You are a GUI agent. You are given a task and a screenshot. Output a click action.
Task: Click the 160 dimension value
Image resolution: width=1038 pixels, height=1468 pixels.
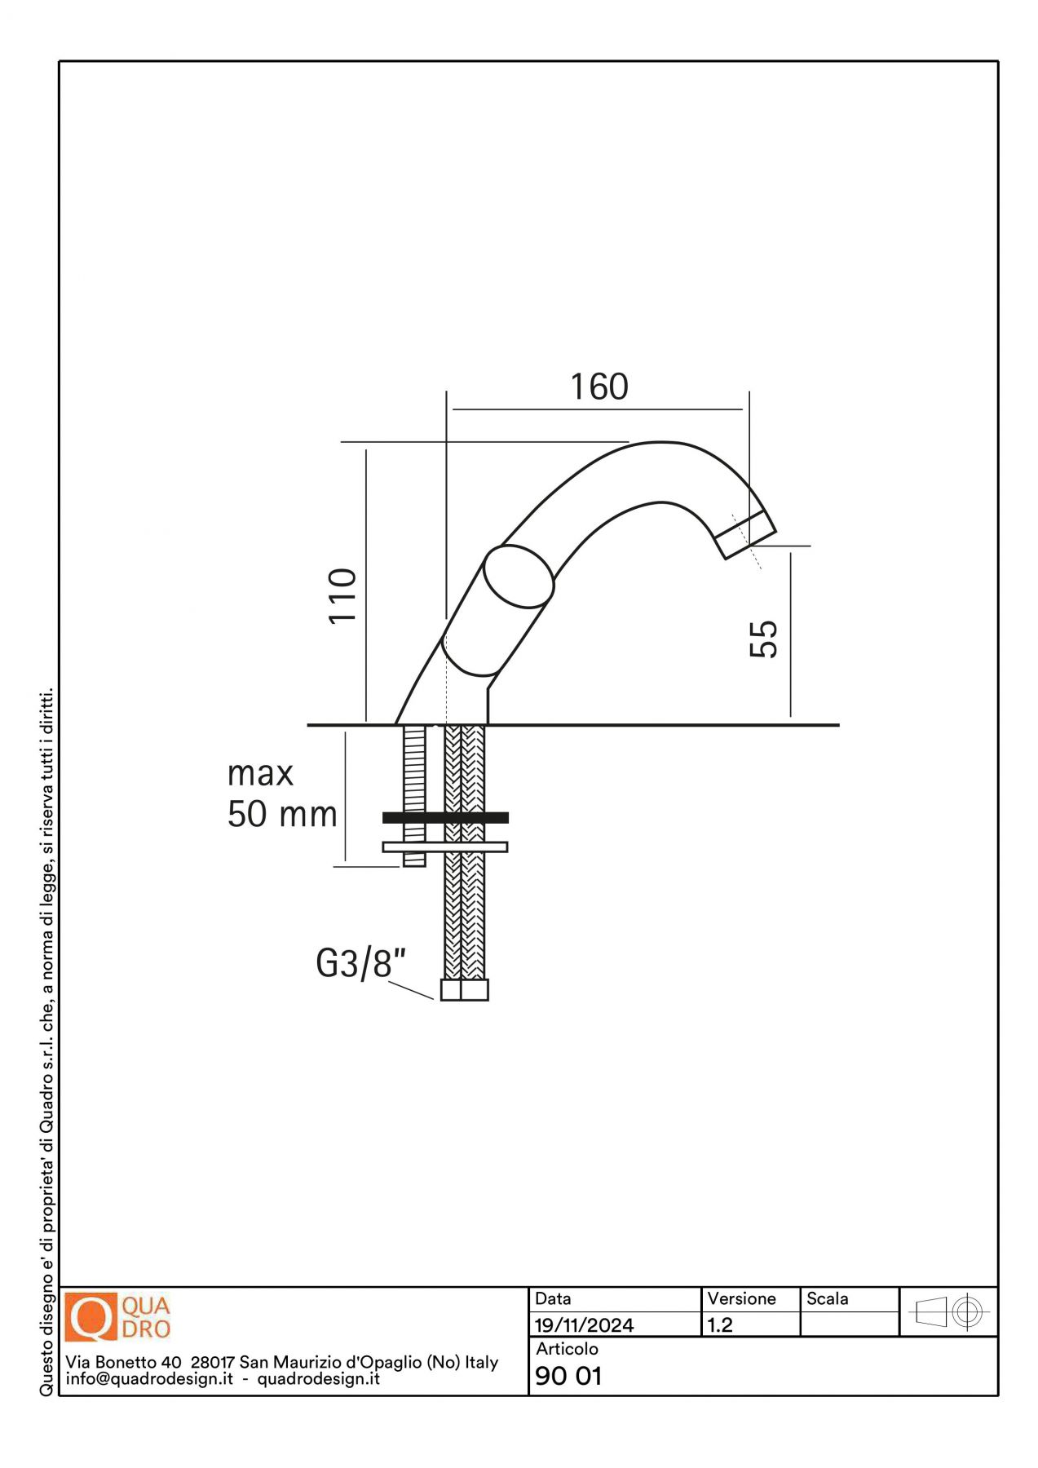tap(599, 387)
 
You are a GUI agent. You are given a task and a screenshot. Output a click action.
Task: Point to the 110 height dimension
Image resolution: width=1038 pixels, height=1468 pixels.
tap(343, 596)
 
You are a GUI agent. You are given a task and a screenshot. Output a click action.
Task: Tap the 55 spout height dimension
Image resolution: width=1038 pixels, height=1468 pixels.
tap(764, 639)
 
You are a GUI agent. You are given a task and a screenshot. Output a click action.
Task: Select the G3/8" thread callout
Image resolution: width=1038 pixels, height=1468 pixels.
tap(360, 963)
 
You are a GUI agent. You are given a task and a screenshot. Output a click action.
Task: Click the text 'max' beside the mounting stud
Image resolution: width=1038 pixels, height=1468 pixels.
tap(260, 774)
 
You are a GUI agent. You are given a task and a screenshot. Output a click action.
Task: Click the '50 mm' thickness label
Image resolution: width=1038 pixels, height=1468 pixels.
tap(282, 814)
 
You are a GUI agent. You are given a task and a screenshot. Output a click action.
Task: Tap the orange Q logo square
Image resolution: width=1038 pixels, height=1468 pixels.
tap(91, 1317)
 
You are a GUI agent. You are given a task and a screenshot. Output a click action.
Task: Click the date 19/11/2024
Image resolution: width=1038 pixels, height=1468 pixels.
tap(584, 1325)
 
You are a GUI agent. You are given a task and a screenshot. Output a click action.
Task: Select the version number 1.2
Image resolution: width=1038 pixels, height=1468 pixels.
tap(720, 1325)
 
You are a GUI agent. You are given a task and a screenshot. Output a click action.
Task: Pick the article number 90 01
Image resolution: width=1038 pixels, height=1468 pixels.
tap(568, 1376)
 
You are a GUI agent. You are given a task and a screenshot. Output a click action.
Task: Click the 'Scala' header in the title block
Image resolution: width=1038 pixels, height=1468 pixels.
tap(827, 1298)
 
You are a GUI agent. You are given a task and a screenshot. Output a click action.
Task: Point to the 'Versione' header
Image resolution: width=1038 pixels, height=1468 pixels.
tap(741, 1298)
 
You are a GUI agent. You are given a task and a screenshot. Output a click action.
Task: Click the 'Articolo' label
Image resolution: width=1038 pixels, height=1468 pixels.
tap(567, 1349)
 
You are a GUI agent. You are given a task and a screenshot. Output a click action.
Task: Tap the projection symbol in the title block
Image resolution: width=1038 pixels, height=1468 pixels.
tap(949, 1312)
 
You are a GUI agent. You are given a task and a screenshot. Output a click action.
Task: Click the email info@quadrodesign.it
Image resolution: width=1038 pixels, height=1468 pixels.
tap(149, 1379)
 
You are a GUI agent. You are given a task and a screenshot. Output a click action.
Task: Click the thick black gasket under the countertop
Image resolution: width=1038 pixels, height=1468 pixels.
tap(445, 817)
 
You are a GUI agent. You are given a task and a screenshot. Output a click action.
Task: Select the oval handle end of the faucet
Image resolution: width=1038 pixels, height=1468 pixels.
tap(519, 577)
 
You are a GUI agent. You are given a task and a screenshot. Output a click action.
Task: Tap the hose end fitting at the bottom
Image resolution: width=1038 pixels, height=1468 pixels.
tap(465, 989)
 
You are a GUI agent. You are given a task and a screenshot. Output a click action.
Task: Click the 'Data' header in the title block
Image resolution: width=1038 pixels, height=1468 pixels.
tap(553, 1298)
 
